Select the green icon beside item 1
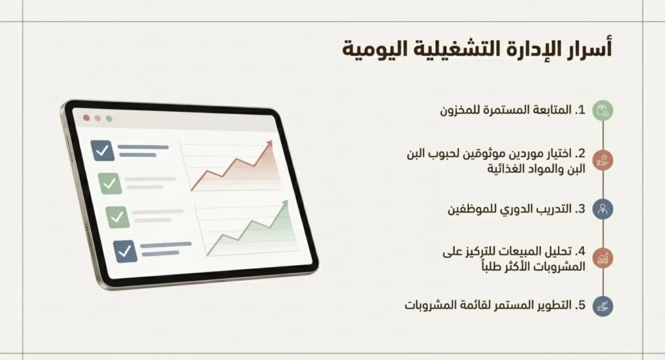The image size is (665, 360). point(603,110)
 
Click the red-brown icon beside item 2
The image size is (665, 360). point(603,160)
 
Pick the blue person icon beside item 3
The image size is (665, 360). point(603,209)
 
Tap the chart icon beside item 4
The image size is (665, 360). point(603,258)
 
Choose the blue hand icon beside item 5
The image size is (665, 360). point(603,305)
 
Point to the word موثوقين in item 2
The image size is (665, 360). point(481,154)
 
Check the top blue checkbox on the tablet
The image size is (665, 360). point(103,151)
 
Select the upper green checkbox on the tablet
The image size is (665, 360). point(109,183)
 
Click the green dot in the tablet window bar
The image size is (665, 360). point(108,120)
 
